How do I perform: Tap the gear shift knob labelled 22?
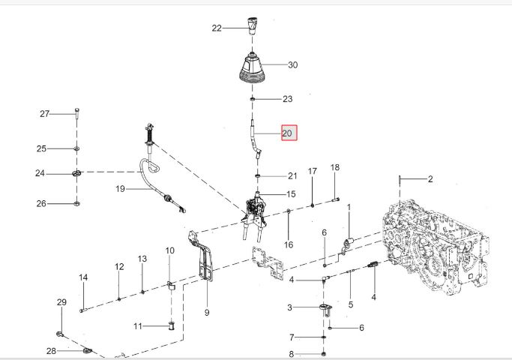(x=252, y=25)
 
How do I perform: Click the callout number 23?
(x=287, y=99)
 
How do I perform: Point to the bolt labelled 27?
(x=76, y=113)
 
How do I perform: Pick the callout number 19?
(x=121, y=189)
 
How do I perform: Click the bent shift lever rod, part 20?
(x=256, y=139)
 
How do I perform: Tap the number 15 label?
(x=291, y=194)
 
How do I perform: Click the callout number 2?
(x=430, y=179)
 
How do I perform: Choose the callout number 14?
(x=83, y=277)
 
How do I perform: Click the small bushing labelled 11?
(x=172, y=325)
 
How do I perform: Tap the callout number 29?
(x=61, y=302)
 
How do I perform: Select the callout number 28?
(x=51, y=351)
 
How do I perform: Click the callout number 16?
(x=289, y=244)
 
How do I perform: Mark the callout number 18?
(x=335, y=167)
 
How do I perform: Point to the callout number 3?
(x=289, y=307)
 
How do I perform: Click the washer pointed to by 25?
(x=76, y=148)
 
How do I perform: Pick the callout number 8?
(x=292, y=354)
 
